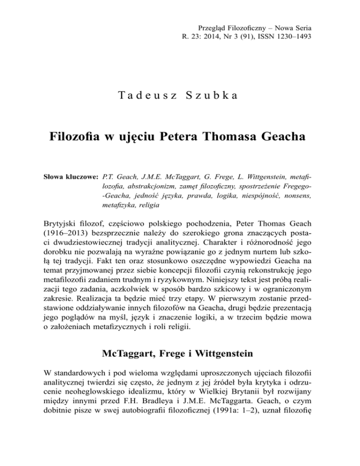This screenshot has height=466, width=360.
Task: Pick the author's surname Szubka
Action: [x=217, y=97]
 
